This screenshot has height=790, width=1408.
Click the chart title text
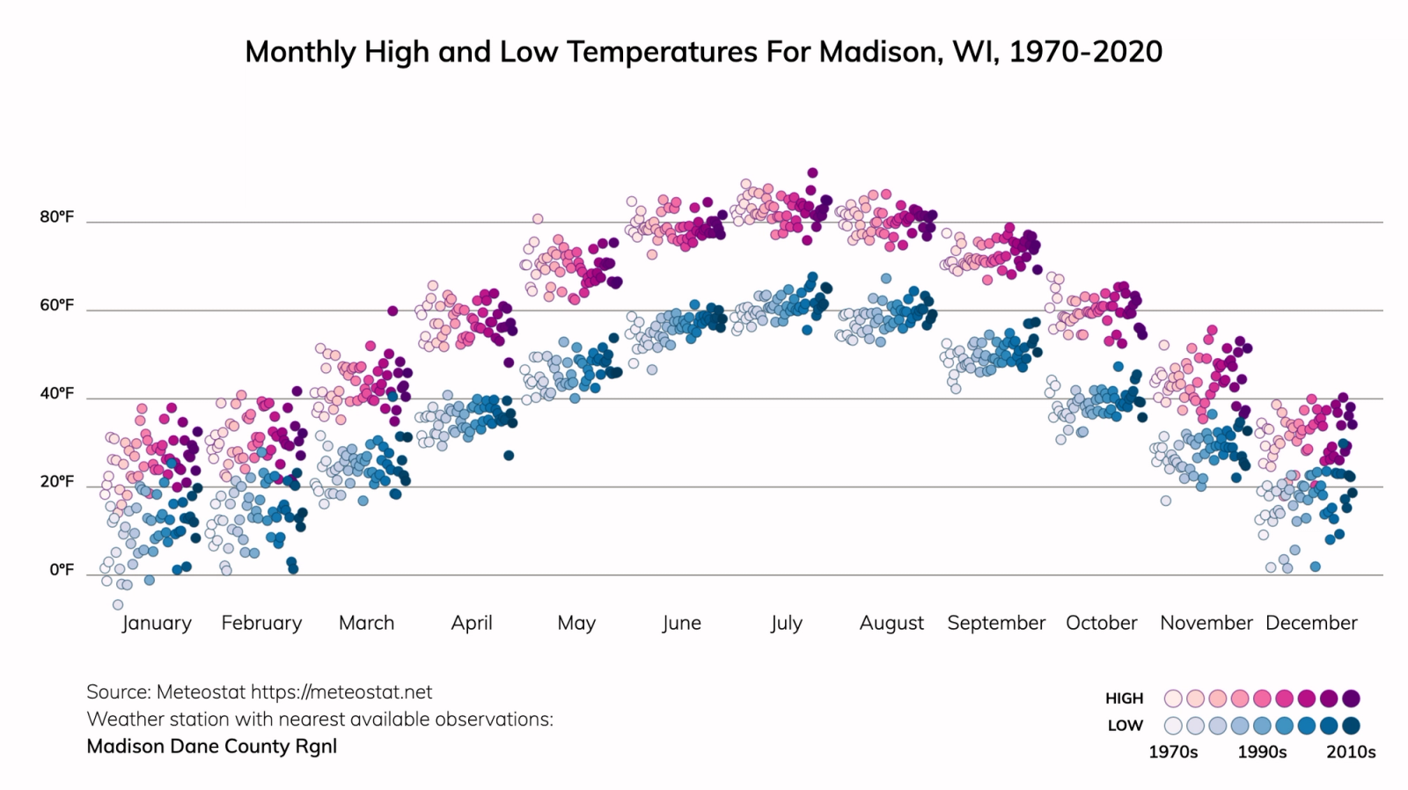pyautogui.click(x=703, y=52)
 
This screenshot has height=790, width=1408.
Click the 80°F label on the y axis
pyautogui.click(x=56, y=217)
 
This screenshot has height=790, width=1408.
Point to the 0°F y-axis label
pyautogui.click(x=61, y=570)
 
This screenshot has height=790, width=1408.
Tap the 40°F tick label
pyautogui.click(x=56, y=393)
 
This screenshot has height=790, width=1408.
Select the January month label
pyautogui.click(x=157, y=623)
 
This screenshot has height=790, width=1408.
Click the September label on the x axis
pyautogui.click(x=996, y=623)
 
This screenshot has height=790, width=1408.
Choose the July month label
pyautogui.click(x=786, y=623)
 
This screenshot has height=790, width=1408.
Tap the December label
pyautogui.click(x=1311, y=623)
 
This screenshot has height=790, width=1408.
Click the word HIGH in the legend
pyautogui.click(x=1124, y=699)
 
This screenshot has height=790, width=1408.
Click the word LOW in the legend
pyautogui.click(x=1125, y=726)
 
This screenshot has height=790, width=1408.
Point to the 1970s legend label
pyautogui.click(x=1173, y=752)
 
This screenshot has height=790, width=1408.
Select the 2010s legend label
pyautogui.click(x=1351, y=752)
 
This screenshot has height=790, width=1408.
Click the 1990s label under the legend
pyautogui.click(x=1262, y=752)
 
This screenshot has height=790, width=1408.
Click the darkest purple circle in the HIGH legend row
pyautogui.click(x=1352, y=699)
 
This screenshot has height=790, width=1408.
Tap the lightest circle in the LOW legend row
pyautogui.click(x=1173, y=726)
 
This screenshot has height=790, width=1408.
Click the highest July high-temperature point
pyautogui.click(x=812, y=173)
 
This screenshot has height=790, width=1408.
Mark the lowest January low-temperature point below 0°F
pyautogui.click(x=118, y=604)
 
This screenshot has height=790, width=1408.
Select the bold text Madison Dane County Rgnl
pyautogui.click(x=211, y=747)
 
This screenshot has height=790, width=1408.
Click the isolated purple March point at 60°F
pyautogui.click(x=392, y=311)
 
